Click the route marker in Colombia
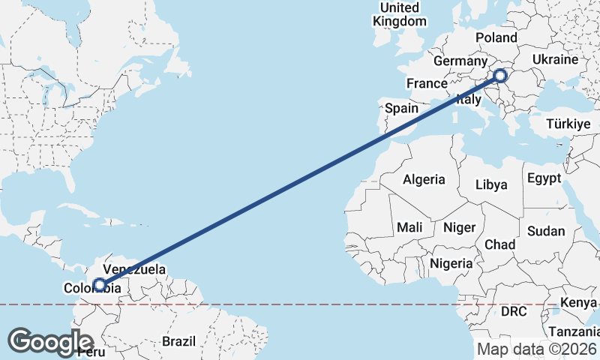point(100,284)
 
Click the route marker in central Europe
point(500,75)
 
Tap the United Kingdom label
point(399,14)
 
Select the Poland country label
point(496,37)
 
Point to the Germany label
point(460,61)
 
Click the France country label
point(427,82)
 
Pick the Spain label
point(401,108)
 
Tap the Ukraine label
point(555,59)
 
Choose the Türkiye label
point(569,124)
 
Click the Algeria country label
point(424,180)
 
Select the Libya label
point(491,184)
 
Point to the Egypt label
point(544,178)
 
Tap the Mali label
point(409,226)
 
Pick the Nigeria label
point(451,263)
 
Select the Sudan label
point(546,231)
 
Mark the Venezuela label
point(134,268)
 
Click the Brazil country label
point(178,340)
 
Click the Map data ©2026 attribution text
point(536,349)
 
